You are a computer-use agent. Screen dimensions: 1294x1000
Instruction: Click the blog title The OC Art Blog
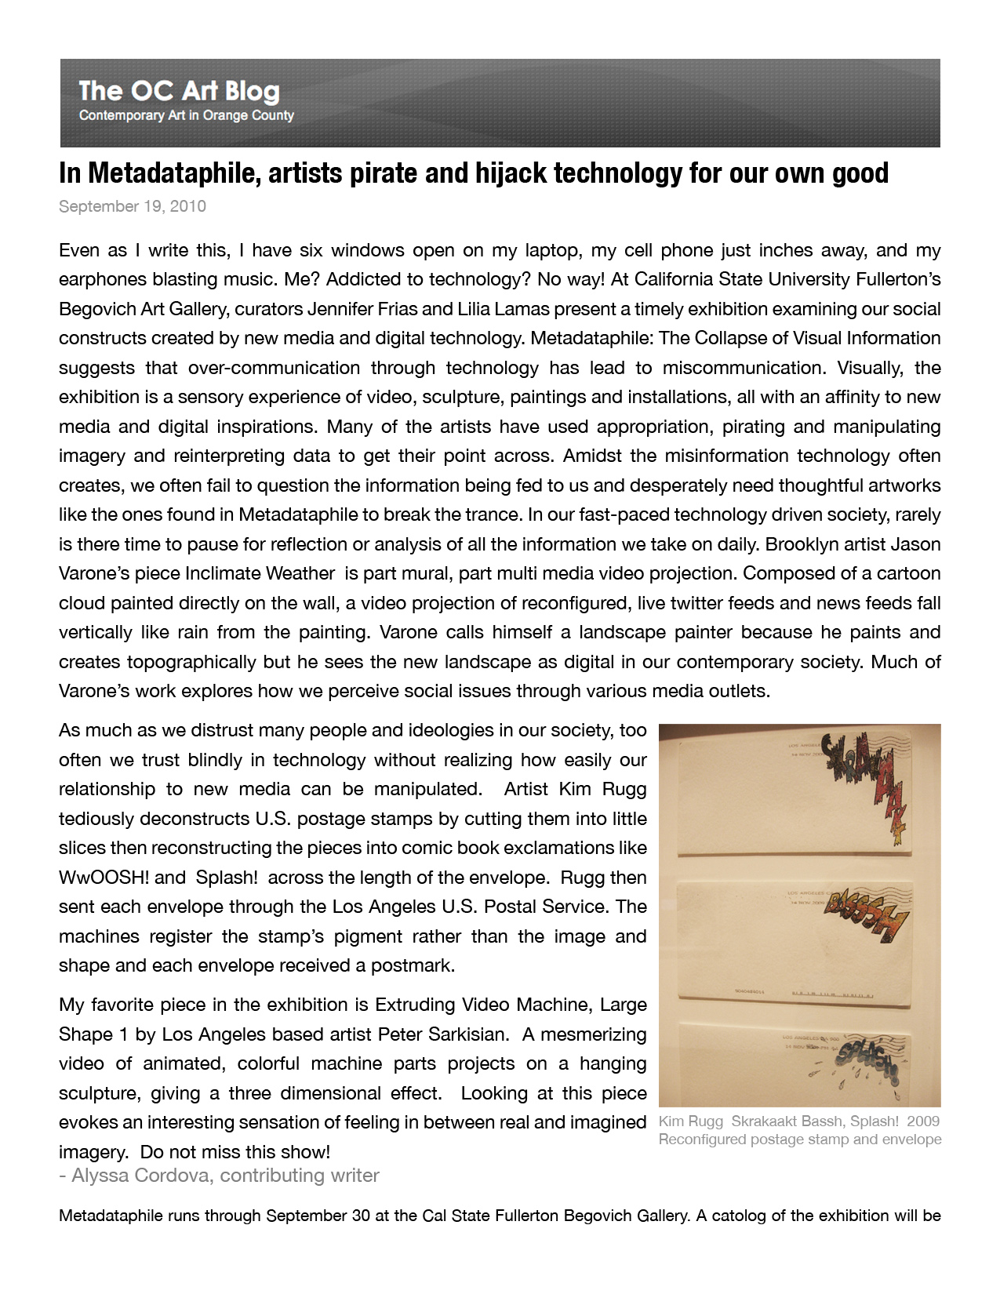[x=179, y=92]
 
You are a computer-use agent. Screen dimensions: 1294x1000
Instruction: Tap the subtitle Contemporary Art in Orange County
[x=186, y=116]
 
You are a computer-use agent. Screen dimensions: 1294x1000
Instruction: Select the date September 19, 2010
[x=132, y=206]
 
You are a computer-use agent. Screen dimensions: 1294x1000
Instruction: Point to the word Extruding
[x=415, y=1005]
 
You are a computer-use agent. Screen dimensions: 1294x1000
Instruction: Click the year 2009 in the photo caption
[x=922, y=1121]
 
